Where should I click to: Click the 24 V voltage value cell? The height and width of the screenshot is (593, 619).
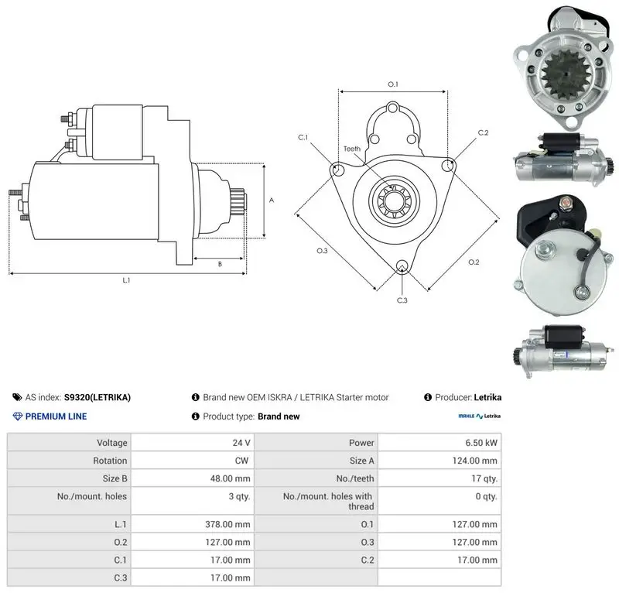pyautogui.click(x=241, y=443)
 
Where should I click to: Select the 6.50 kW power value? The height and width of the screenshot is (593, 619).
pyautogui.click(x=481, y=443)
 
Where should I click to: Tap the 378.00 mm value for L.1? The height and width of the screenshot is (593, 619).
pyautogui.click(x=227, y=524)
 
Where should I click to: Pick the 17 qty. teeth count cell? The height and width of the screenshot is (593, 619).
pyautogui.click(x=484, y=478)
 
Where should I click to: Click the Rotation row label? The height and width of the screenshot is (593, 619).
pyautogui.click(x=110, y=461)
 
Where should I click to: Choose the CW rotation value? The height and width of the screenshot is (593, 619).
pyautogui.click(x=241, y=461)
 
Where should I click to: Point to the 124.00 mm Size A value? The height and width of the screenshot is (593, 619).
pyautogui.click(x=475, y=461)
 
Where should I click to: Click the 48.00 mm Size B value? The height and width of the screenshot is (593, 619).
pyautogui.click(x=230, y=478)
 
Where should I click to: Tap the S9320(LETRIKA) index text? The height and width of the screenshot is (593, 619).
pyautogui.click(x=97, y=397)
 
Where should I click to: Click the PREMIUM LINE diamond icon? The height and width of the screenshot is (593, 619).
pyautogui.click(x=18, y=416)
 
